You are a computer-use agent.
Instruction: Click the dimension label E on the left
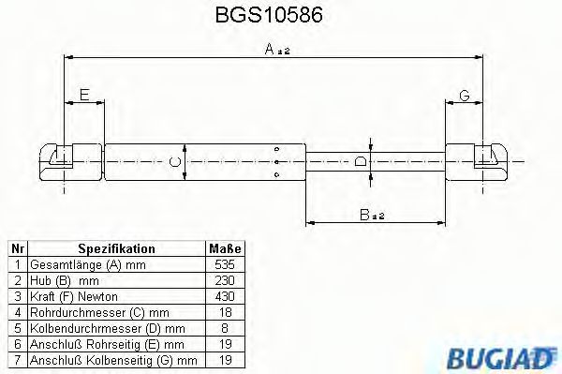coord(84,95)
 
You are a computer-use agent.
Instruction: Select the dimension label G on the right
coord(464,95)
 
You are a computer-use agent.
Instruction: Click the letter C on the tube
coord(174,163)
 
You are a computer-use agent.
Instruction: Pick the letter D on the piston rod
coord(362,162)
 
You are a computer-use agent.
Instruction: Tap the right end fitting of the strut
coord(477,161)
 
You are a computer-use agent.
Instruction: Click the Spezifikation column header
coord(116,249)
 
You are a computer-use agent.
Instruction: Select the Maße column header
coord(224,249)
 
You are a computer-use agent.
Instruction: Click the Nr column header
coord(17,249)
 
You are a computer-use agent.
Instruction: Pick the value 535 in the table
coord(224,265)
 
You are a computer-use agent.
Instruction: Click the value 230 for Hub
coord(224,281)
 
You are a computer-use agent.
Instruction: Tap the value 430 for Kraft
coord(224,297)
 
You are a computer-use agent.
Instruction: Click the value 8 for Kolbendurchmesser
coord(224,329)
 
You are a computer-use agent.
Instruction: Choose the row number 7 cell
coord(17,360)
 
